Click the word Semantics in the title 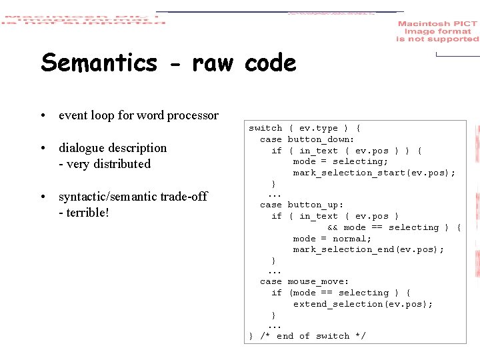coord(99,63)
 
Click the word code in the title coord(270,63)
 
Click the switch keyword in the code coord(265,128)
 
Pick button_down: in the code coord(321,139)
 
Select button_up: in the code coord(315,205)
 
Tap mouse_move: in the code coord(318,282)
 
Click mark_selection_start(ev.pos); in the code coord(374,173)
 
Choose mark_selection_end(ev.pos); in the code coord(368,249)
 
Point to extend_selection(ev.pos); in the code coord(363,304)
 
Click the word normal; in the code coord(351,239)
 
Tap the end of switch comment coord(312,336)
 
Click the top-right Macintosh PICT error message coord(437,31)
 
